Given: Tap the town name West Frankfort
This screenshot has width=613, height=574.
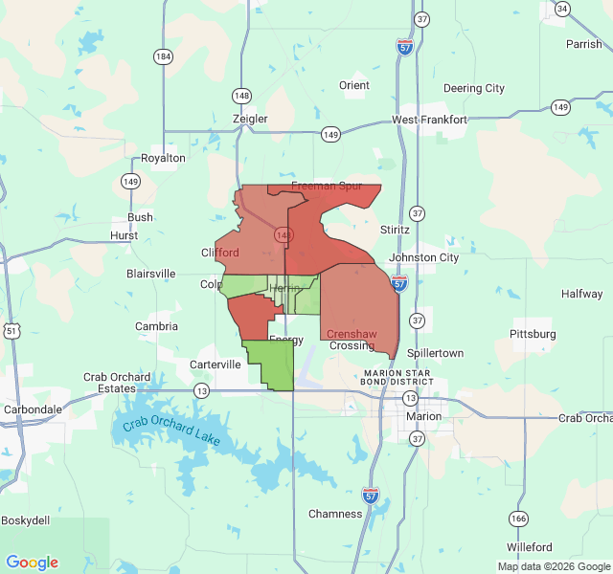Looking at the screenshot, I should coord(429,120).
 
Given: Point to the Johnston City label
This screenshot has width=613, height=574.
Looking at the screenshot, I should coord(424,257).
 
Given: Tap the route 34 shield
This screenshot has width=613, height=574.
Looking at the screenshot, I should coord(562,9).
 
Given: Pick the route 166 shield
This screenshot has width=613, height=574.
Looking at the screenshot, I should coord(518,519).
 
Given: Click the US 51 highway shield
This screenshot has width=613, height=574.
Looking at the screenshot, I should coord(11,330).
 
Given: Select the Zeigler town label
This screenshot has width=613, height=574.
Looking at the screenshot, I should coord(250,119).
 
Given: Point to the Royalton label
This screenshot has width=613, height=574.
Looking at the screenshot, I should coord(163,157).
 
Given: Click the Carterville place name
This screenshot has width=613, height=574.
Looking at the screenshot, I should coord(215,364).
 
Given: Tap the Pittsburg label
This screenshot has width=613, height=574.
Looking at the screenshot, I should coord(533,334).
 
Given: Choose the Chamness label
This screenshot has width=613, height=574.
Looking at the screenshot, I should coord(335,514).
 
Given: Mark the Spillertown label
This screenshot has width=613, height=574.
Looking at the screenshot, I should coord(435,353).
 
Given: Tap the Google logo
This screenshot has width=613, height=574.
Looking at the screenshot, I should coord(32,563).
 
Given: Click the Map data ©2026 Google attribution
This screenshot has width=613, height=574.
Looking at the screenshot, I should coord(553,565).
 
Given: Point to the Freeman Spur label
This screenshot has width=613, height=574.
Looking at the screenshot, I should coord(327,186).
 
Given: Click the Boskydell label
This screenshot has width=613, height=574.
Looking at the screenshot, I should coord(25,519).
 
